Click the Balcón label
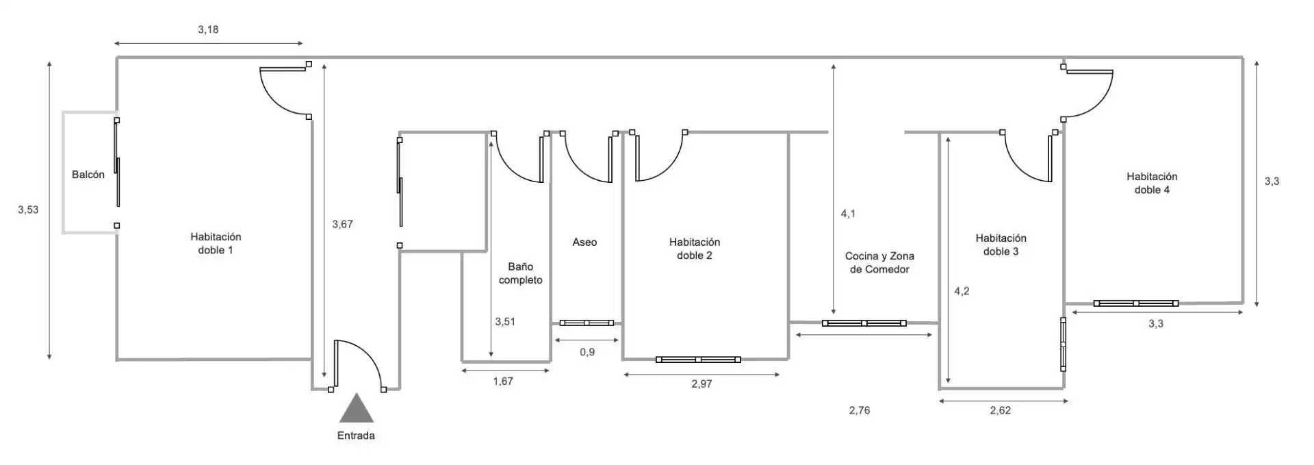[x=88, y=175]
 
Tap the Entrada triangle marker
[x=357, y=408]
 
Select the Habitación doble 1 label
[x=216, y=243]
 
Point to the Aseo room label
[x=584, y=242]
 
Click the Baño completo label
[x=521, y=273]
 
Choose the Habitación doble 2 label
[x=695, y=249]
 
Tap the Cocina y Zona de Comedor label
[x=879, y=262]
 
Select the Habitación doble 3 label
[x=1001, y=244]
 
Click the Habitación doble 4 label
[x=1152, y=183]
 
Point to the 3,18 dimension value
[x=208, y=29]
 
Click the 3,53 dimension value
[x=28, y=210]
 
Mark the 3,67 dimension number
[x=342, y=224]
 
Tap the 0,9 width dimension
[x=587, y=352]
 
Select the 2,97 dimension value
[x=701, y=384]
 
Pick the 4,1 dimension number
[x=848, y=214]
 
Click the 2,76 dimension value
[x=860, y=410]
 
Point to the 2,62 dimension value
[x=1001, y=410]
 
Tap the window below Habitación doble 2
[x=698, y=360]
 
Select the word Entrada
[x=356, y=436]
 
